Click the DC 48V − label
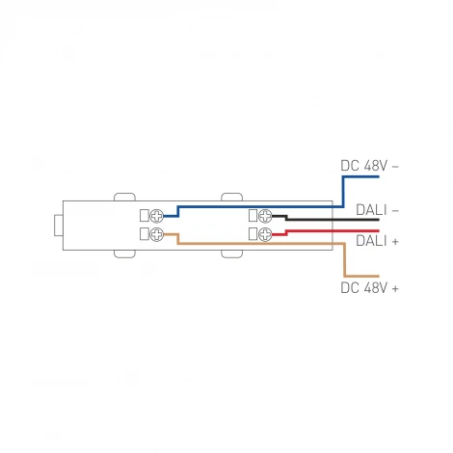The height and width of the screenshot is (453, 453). [370, 166]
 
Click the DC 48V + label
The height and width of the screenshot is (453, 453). [370, 287]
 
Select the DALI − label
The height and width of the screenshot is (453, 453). [378, 208]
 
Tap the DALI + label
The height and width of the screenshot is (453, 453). [378, 241]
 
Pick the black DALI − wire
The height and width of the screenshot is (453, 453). [318, 220]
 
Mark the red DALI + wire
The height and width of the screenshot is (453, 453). [318, 230]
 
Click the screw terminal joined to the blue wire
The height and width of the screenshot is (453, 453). [157, 215]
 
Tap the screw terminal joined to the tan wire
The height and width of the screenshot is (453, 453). [157, 233]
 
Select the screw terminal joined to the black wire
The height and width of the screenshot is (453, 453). [264, 215]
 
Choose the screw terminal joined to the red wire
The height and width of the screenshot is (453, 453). [264, 233]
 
